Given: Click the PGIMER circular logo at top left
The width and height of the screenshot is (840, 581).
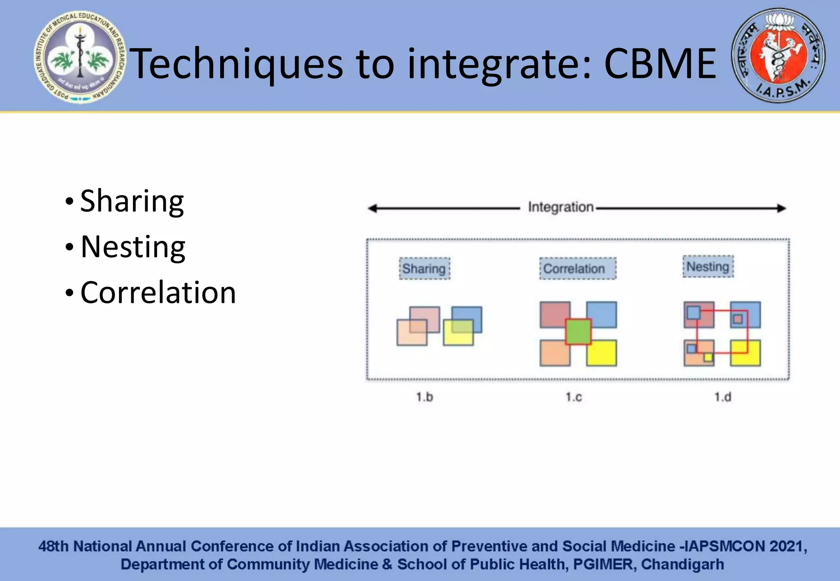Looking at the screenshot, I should coord(80,57).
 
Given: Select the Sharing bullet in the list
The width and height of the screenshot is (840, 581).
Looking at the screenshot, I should coord(131,201).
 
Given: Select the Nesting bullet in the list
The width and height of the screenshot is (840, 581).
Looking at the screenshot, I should coord(132,247).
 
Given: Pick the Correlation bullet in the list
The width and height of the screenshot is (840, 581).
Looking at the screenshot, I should coord(158,293).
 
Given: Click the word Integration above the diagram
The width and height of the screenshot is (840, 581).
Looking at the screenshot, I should coord(560,207).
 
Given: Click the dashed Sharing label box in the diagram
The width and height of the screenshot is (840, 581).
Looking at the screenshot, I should coord(424,269).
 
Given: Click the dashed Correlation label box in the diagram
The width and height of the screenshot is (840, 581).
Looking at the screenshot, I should coord(577,269).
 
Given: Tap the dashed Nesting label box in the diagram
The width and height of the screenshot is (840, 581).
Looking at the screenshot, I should coord(708,267).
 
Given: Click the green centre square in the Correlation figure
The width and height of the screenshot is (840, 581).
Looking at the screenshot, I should coord(578,331).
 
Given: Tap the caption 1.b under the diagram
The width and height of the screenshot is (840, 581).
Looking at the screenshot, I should coord(424,397).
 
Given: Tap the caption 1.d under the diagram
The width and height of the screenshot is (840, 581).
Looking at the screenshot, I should coord(722,397).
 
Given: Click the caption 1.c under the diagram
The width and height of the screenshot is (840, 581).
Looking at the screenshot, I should coord(573,397).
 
